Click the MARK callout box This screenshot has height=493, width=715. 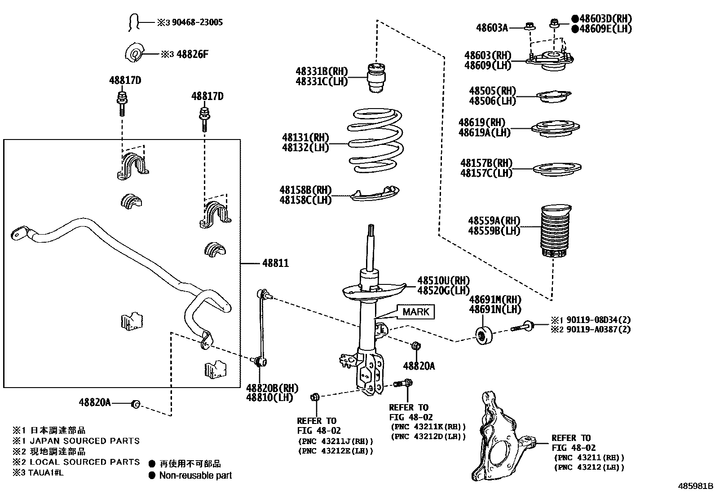pos(416,312)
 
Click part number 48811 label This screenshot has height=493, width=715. pos(275,263)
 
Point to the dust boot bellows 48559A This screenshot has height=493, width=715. pos(555,232)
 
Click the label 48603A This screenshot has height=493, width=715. pos(492,28)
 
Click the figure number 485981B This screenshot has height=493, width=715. pos(695,486)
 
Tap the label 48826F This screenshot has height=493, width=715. pos(192,54)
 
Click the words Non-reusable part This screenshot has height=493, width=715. pos(195,476)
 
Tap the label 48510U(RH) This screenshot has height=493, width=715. pos(443,280)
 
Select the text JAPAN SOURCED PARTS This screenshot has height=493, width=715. pos(84,441)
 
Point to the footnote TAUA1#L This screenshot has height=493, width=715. pos(45,472)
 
